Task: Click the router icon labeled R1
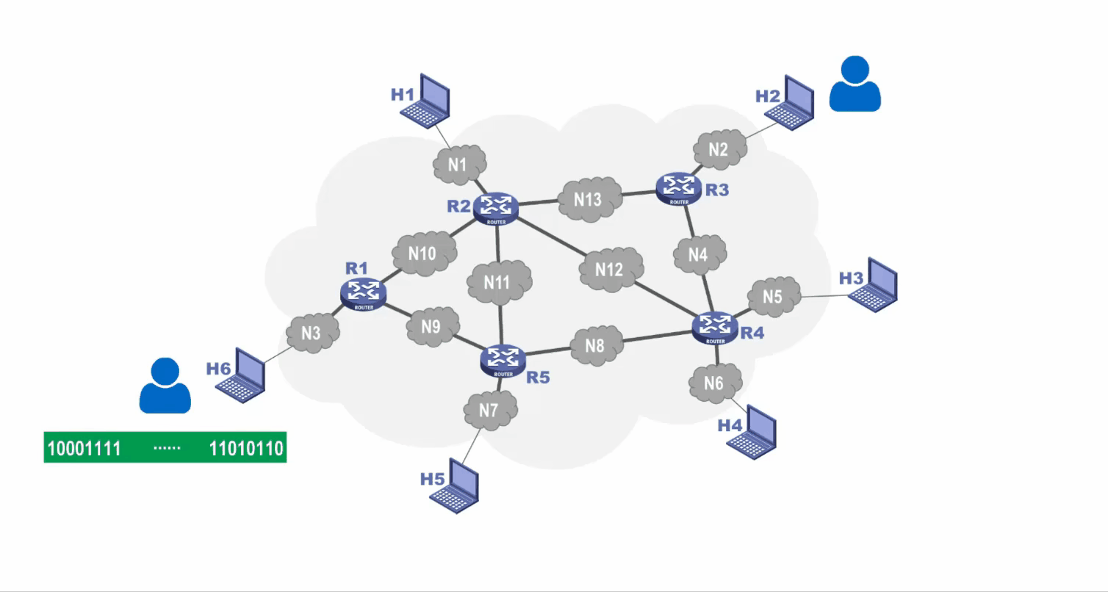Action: click(x=364, y=293)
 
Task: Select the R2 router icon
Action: click(x=496, y=207)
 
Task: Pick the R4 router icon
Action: click(x=715, y=328)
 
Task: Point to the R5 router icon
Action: click(x=503, y=361)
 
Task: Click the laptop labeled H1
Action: click(x=425, y=99)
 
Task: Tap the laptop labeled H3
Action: click(x=874, y=284)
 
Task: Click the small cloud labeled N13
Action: click(x=588, y=200)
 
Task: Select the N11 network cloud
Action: click(x=499, y=281)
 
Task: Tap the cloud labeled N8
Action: click(x=595, y=346)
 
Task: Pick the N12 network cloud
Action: click(x=611, y=270)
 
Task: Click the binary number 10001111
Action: click(x=84, y=448)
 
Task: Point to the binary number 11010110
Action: click(x=246, y=448)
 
